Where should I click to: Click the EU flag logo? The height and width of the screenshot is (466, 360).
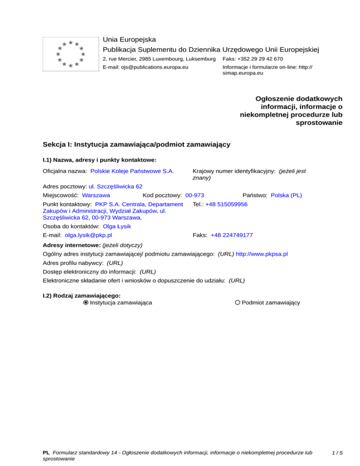70,53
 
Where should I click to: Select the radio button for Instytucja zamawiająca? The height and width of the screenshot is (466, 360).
85,303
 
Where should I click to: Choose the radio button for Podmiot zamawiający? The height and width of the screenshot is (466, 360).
238,303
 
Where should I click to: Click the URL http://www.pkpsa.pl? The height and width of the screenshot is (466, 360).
262,254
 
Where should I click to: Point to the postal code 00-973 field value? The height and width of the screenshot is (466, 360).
195,195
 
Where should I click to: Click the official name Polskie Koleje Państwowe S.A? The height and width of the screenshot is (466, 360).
132,172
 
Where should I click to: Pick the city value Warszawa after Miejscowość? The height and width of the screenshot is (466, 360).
96,195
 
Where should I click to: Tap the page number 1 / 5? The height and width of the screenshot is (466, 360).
336,453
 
